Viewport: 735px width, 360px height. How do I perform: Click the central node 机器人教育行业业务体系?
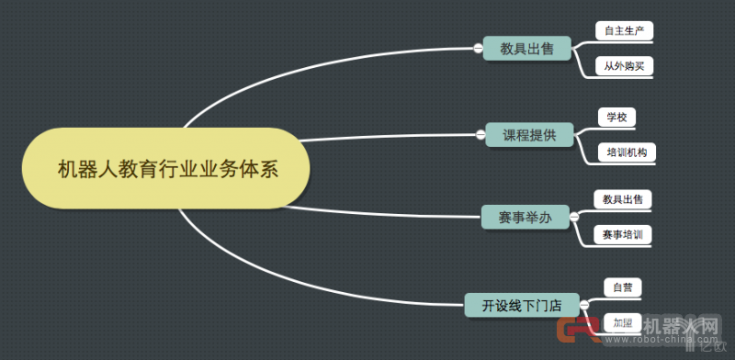pyautogui.click(x=166, y=168)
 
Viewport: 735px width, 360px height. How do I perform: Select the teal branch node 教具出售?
pyautogui.click(x=526, y=49)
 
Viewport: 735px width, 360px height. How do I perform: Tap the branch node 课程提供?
pyautogui.click(x=528, y=135)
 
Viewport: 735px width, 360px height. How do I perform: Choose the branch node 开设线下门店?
pyautogui.click(x=521, y=305)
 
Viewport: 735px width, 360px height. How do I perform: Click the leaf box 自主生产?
pyautogui.click(x=623, y=31)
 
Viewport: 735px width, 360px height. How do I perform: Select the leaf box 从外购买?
pyautogui.click(x=623, y=66)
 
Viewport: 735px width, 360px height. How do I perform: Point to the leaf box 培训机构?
pyautogui.click(x=628, y=152)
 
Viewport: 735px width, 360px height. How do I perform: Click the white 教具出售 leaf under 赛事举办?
pyautogui.click(x=622, y=198)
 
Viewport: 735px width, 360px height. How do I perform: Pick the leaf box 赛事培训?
pyautogui.click(x=622, y=234)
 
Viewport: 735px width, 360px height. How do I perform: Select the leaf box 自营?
pyautogui.click(x=622, y=287)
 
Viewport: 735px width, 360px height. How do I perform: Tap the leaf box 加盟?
pyautogui.click(x=622, y=322)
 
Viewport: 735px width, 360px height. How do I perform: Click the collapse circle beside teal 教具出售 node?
pyautogui.click(x=479, y=49)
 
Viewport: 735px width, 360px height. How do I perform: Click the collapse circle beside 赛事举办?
pyautogui.click(x=573, y=218)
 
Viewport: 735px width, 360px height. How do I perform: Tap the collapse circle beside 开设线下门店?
pyautogui.click(x=582, y=305)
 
